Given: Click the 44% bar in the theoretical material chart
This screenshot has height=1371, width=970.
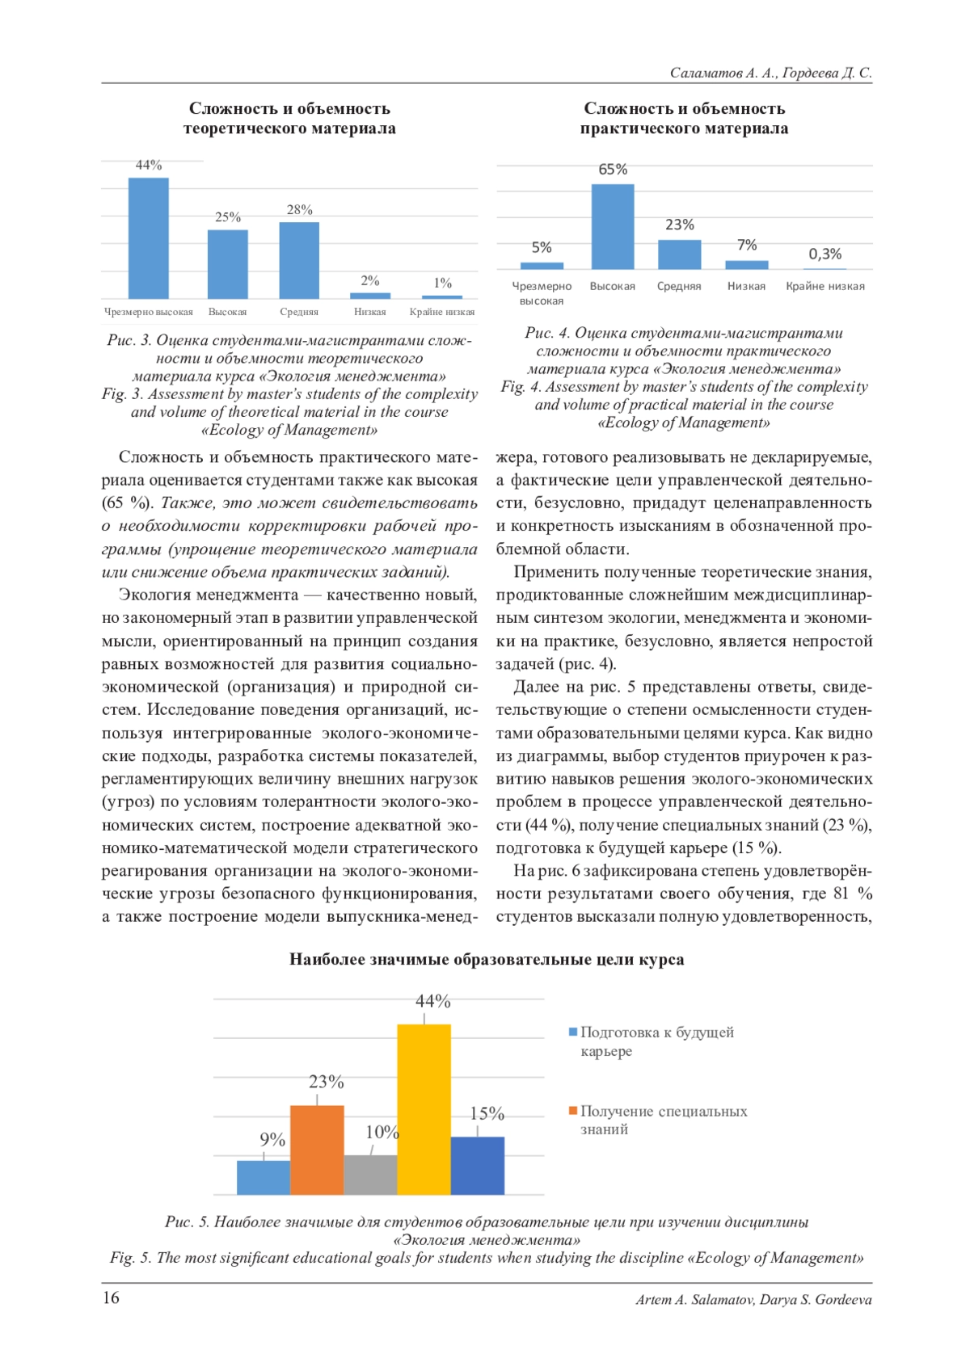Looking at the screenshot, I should click(149, 238).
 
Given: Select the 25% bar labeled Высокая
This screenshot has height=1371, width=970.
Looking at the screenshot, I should click(228, 264).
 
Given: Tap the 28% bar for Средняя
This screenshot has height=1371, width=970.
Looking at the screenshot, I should click(299, 260).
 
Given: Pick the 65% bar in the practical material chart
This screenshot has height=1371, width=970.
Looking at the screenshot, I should click(613, 227).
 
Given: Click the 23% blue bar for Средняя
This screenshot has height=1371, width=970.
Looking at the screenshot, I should click(679, 254).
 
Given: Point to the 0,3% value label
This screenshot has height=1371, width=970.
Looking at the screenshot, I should click(824, 254).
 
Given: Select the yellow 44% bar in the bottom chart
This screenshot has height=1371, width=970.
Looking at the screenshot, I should click(424, 1109).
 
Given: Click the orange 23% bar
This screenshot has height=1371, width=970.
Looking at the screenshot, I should click(317, 1150).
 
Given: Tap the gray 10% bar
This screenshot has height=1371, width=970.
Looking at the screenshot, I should click(370, 1175).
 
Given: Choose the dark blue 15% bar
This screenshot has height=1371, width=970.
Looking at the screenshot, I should click(478, 1165).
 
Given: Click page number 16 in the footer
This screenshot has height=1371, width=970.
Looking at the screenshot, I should click(110, 1297).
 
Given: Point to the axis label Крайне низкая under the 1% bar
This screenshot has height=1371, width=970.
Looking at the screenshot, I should click(442, 312).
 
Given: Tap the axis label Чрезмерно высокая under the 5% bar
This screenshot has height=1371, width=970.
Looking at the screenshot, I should click(542, 293).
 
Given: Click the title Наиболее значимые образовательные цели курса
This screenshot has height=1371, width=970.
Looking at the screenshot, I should click(487, 960).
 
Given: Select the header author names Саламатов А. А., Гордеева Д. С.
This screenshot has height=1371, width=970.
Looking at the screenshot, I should click(770, 73).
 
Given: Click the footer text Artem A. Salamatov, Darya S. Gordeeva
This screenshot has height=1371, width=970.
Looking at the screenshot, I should click(753, 1300).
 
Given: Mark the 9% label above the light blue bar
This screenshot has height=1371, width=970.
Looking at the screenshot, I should click(272, 1139).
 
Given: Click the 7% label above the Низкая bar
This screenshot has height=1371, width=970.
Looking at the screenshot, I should click(747, 245).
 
